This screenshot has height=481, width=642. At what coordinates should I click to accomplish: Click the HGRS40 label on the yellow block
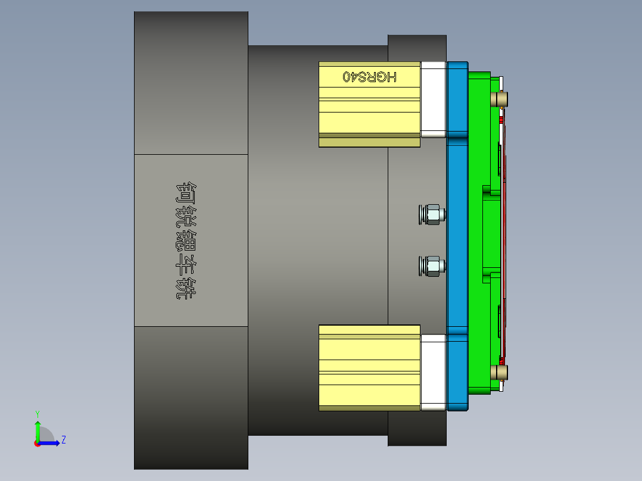(369, 76)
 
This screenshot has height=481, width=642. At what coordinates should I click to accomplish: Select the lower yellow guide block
(369, 366)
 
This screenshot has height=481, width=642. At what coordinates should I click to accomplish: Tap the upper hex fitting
(432, 214)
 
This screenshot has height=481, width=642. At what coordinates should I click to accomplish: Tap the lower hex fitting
(432, 266)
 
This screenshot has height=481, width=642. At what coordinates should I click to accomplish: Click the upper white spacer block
(434, 99)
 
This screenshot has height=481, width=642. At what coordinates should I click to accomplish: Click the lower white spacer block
(434, 372)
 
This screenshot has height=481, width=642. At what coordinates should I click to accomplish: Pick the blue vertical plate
(457, 238)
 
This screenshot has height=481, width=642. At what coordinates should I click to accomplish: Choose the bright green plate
(479, 238)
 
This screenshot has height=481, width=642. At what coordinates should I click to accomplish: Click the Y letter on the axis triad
(38, 413)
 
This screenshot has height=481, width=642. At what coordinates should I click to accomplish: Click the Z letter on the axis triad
(63, 440)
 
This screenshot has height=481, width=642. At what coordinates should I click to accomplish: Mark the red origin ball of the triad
(37, 443)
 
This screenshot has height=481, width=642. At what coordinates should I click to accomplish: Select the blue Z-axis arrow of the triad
(51, 443)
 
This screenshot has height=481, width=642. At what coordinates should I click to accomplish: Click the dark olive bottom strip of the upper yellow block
(369, 142)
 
